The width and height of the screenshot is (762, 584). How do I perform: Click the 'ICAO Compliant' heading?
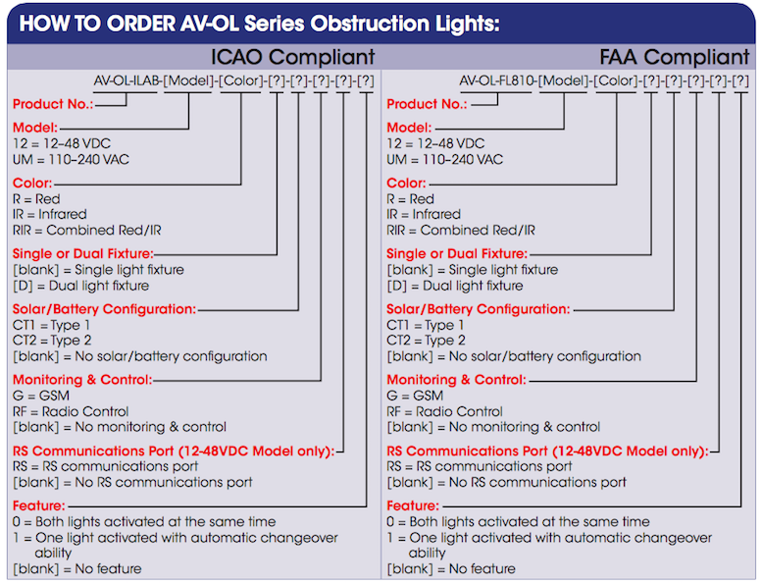point(292,57)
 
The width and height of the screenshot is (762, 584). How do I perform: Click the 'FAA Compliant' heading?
point(675,57)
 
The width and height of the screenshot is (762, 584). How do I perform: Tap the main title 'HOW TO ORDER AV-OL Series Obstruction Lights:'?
point(259,24)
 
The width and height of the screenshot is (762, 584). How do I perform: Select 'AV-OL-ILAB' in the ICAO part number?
point(127,80)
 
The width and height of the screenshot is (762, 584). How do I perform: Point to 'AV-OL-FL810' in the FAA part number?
point(497,80)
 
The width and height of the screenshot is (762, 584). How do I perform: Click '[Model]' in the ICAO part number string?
point(188,80)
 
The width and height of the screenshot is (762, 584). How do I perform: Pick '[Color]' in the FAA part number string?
point(616,80)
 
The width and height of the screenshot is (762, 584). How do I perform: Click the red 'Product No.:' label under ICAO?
point(53,104)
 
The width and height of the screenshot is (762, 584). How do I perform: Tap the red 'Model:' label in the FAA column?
point(409,128)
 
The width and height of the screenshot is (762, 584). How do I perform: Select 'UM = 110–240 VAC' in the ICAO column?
point(71,159)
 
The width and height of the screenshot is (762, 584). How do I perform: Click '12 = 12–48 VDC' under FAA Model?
point(435,143)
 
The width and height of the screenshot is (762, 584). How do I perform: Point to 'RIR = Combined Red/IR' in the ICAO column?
point(87,230)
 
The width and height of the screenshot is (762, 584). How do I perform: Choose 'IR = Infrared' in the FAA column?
point(425,214)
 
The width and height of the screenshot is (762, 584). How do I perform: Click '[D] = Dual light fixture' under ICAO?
point(80,286)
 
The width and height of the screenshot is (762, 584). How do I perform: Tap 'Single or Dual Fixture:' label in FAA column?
point(457,254)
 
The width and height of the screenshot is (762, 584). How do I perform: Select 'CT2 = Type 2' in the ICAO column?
point(52,340)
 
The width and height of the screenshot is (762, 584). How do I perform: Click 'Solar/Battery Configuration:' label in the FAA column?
point(479,309)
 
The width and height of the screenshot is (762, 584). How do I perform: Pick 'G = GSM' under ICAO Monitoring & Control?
point(41,396)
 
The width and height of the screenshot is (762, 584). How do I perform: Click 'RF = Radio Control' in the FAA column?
point(444,411)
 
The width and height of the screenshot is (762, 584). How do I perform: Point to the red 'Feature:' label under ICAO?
point(39,505)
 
